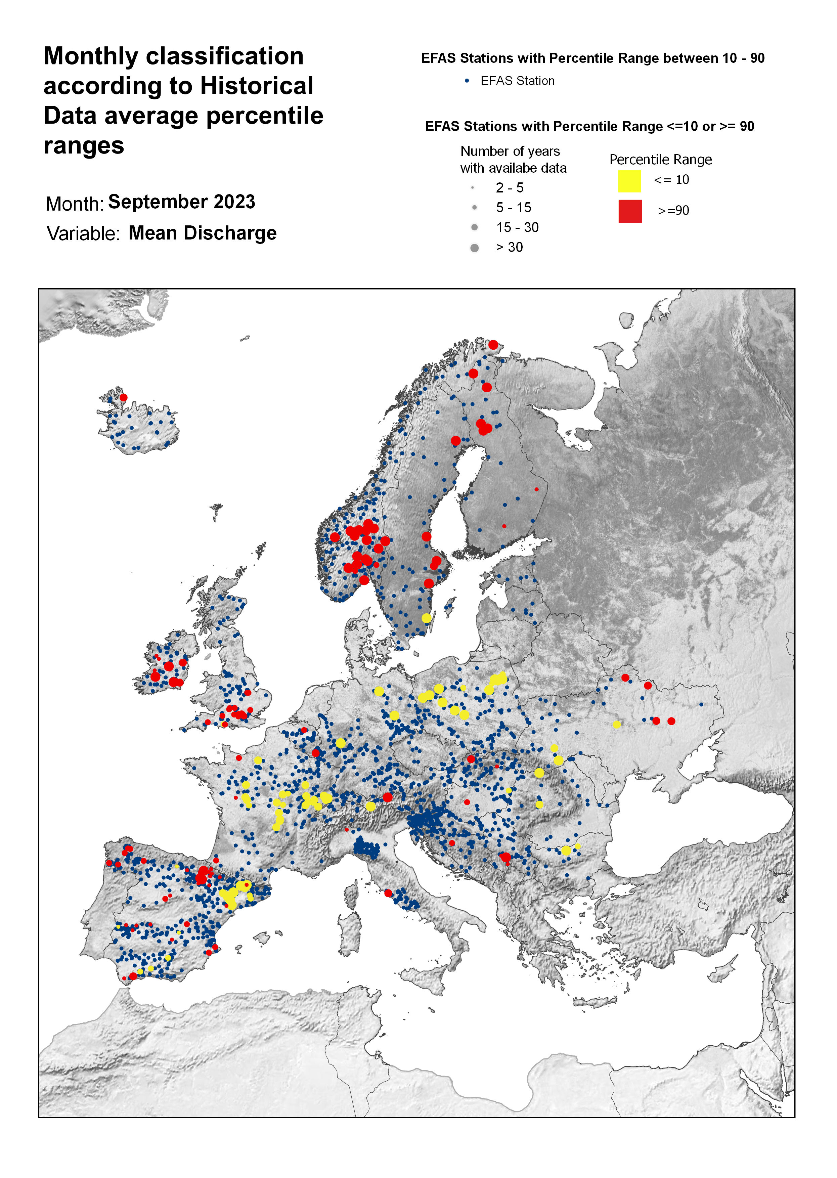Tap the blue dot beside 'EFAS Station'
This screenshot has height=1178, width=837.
pos(467,81)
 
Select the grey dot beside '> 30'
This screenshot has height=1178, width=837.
pos(474,248)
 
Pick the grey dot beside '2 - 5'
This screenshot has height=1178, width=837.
pos(472,187)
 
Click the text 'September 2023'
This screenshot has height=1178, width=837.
pos(181,202)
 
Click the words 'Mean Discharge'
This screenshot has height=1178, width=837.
pos(203,233)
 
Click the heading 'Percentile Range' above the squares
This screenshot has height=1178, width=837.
pos(660,160)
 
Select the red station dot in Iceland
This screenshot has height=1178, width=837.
pos(123,397)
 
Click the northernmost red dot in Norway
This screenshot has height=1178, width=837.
pos(493,345)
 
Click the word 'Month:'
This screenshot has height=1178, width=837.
pos(75,204)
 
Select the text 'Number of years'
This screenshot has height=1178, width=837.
pos(510,151)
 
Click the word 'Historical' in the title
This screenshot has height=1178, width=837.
pos(257,86)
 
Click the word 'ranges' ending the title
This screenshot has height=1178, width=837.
pos(84,146)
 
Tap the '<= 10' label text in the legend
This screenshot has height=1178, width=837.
pos(671,180)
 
